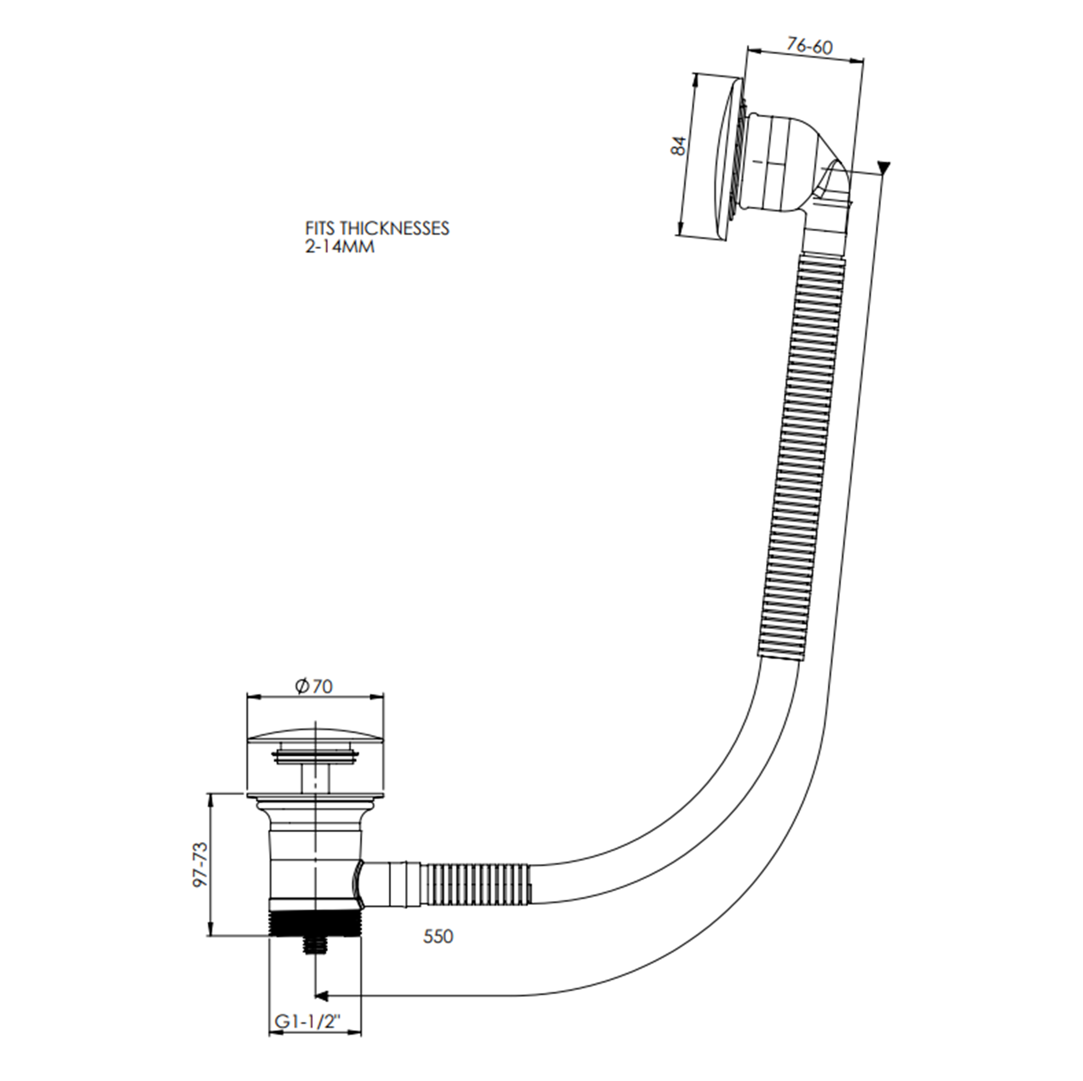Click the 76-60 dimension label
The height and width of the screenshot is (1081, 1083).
pos(810,46)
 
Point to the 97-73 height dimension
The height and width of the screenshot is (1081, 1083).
pos(200,864)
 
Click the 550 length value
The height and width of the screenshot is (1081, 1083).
pos(438,936)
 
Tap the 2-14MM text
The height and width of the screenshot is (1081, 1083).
pos(340,246)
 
